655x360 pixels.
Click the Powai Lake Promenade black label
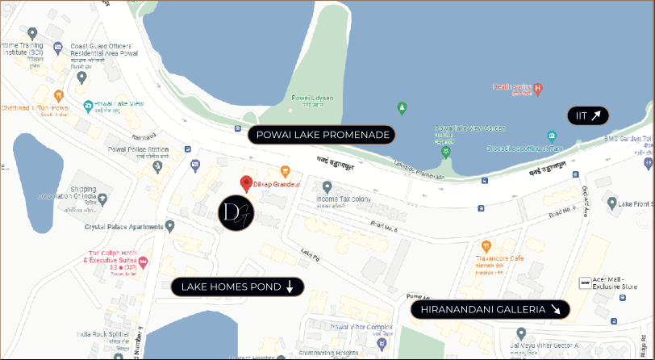point(322,135)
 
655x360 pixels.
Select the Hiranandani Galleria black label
point(490,309)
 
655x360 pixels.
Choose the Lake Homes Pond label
point(236,287)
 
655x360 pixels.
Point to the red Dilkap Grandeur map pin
point(246,182)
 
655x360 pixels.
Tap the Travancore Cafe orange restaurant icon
point(486,245)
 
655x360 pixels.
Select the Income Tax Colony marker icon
point(327,186)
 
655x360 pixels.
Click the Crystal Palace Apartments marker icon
point(169,225)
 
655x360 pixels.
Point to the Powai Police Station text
point(138,150)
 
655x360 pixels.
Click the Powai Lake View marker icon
point(88,105)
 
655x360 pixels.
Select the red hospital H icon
point(538,87)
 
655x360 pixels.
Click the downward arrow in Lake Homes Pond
point(290,287)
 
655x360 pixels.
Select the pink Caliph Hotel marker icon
point(143,262)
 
